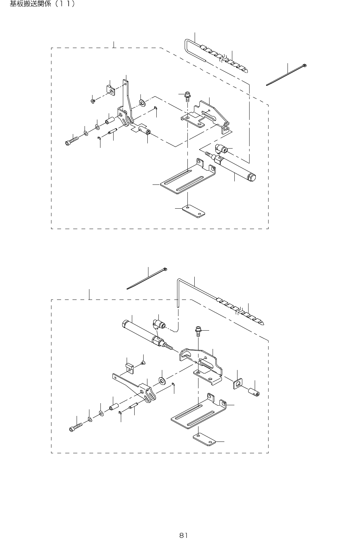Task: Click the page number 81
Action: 183,535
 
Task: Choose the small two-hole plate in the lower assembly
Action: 204,440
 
